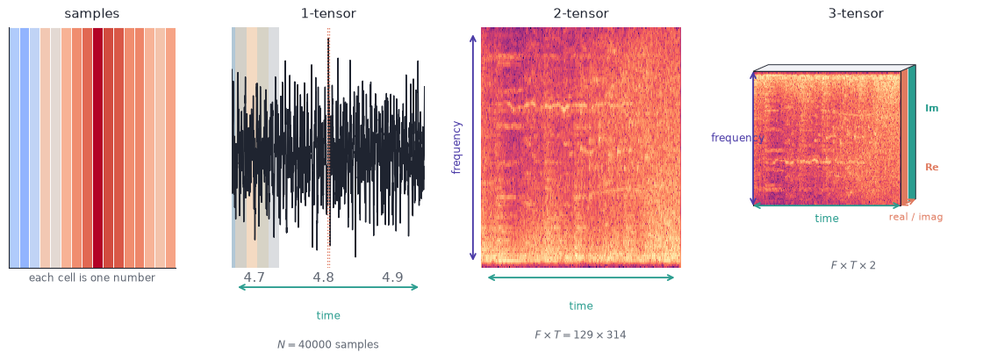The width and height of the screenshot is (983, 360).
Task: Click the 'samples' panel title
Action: (x=91, y=13)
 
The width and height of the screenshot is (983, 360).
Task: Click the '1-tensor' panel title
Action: (x=328, y=13)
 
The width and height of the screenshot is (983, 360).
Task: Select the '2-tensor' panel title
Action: (x=580, y=13)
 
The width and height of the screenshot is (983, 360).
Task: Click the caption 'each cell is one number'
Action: (x=92, y=277)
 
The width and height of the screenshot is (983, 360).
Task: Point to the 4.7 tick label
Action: (x=254, y=277)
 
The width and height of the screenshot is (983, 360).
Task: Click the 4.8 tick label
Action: (x=324, y=277)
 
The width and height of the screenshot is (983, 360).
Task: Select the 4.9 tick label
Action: (x=392, y=277)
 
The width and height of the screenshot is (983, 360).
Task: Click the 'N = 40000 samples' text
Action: (x=328, y=344)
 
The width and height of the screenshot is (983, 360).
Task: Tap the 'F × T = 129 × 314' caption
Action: (x=580, y=335)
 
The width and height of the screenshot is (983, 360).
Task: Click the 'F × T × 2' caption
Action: (x=852, y=265)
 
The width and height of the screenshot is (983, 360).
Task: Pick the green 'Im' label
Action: (x=931, y=109)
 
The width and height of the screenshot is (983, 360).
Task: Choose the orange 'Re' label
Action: (x=931, y=168)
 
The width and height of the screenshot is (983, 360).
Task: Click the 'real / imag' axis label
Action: (x=915, y=217)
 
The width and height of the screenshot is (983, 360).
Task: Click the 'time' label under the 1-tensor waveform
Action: (x=328, y=315)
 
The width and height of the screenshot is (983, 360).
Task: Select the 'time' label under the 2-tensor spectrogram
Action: (x=580, y=306)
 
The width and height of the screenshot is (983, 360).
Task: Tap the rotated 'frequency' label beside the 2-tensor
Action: (x=456, y=148)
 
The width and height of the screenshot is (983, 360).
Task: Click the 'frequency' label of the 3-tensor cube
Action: (x=737, y=138)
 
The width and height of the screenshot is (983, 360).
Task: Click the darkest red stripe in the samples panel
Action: (x=97, y=148)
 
